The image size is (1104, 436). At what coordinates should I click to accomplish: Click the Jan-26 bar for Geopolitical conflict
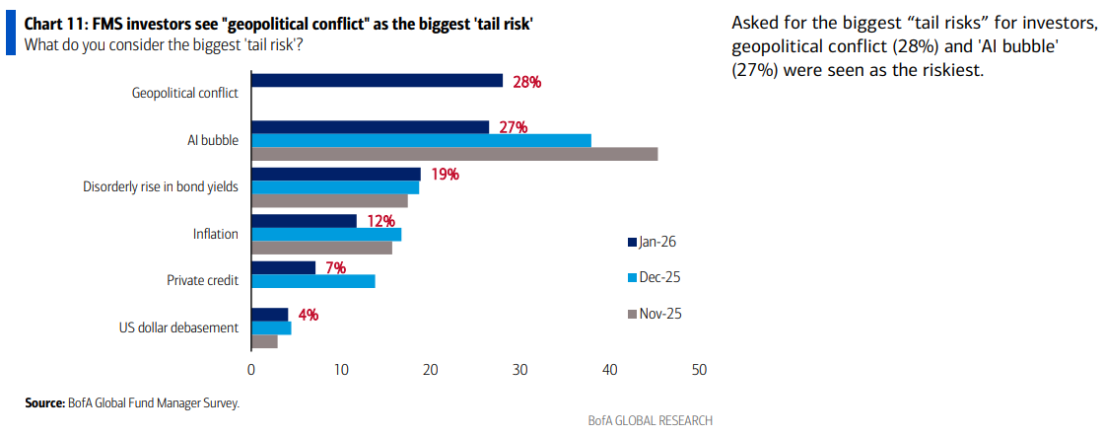pyautogui.click(x=377, y=81)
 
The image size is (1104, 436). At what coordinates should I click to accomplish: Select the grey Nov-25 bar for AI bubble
pyautogui.click(x=454, y=154)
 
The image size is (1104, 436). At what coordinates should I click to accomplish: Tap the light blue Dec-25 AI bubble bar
pyautogui.click(x=421, y=140)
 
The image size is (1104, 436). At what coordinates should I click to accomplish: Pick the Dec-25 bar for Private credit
pyautogui.click(x=313, y=281)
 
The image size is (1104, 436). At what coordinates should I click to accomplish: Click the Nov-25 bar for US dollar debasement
pyautogui.click(x=264, y=342)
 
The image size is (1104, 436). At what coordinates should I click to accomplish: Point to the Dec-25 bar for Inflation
pyautogui.click(x=326, y=235)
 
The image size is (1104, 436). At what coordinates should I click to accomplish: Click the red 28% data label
pyautogui.click(x=526, y=82)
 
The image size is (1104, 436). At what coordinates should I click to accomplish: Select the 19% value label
pyautogui.click(x=446, y=175)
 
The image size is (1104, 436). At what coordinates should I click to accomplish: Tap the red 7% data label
pyautogui.click(x=336, y=268)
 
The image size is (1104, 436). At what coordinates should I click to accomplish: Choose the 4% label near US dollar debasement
pyautogui.click(x=308, y=316)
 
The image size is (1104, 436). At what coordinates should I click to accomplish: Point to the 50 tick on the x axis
pyautogui.click(x=699, y=370)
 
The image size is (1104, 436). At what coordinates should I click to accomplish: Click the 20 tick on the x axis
pyautogui.click(x=430, y=370)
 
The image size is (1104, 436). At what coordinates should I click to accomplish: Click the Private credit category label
pyautogui.click(x=202, y=281)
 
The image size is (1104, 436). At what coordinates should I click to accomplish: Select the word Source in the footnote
pyautogui.click(x=44, y=402)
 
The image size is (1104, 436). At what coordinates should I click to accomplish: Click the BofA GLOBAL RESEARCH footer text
pyautogui.click(x=650, y=420)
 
